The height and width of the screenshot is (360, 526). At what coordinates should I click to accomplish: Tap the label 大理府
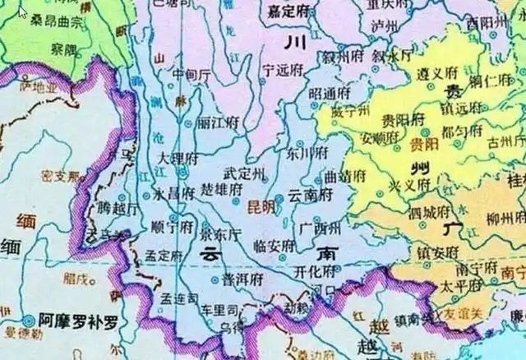tap(178, 157)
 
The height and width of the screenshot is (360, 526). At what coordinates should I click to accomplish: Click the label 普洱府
tap(242, 279)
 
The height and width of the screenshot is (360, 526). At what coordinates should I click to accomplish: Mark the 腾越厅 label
tap(113, 208)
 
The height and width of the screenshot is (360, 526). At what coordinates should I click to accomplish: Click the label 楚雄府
tap(220, 189)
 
